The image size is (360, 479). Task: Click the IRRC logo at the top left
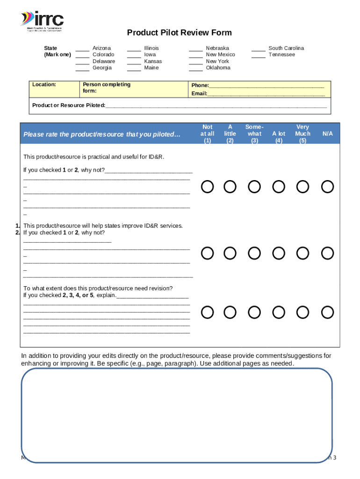click(42, 21)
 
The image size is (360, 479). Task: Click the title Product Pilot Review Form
click(180, 33)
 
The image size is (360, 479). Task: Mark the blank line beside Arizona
click(82, 49)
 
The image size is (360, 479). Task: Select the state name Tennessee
click(281, 55)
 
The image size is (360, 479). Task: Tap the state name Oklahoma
click(218, 68)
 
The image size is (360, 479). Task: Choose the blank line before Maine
click(134, 68)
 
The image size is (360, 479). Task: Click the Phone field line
click(266, 86)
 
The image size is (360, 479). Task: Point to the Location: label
click(44, 85)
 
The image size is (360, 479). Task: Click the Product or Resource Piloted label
click(69, 105)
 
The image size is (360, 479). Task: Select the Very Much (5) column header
click(302, 133)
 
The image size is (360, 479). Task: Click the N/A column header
click(328, 134)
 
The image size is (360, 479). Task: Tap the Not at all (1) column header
click(207, 133)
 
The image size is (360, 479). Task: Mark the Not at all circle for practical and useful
click(208, 187)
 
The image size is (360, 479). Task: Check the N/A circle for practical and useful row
click(328, 187)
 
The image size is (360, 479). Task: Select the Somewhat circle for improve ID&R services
click(254, 254)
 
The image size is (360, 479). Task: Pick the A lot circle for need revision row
click(279, 312)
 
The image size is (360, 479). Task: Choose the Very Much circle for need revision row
click(303, 312)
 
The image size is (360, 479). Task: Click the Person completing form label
click(106, 87)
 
